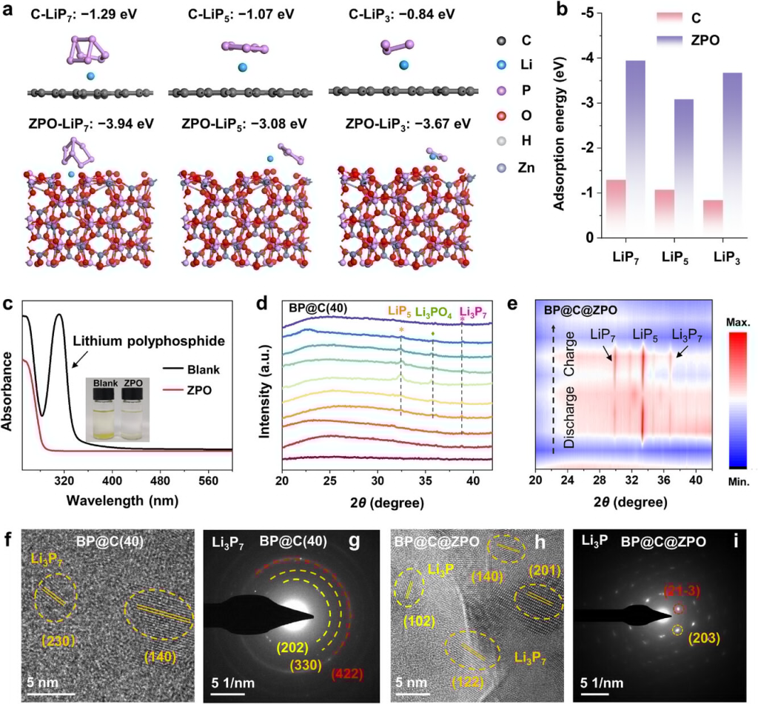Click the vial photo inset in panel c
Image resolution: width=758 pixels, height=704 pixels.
pos(119,409)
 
